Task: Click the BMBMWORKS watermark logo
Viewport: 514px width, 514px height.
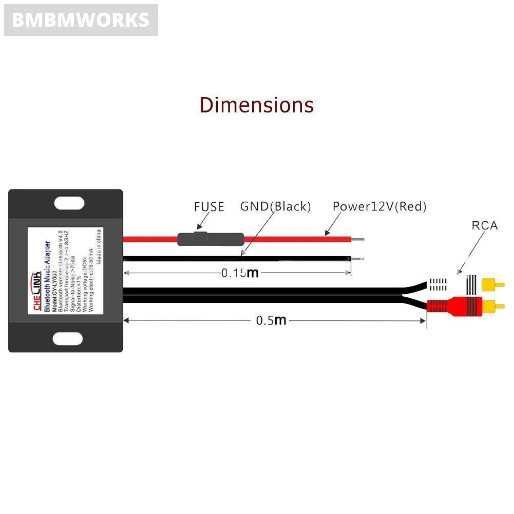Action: pos(80,20)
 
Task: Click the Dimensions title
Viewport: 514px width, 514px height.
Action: pos(257,105)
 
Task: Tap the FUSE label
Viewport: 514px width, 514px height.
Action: pos(209,207)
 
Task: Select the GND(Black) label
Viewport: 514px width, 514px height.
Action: pos(275,206)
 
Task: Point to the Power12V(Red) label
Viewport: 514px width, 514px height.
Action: pos(379,206)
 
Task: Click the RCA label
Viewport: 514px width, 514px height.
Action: pos(484,225)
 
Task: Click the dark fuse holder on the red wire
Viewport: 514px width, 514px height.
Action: pos(210,239)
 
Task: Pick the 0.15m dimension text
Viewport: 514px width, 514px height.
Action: pos(240,273)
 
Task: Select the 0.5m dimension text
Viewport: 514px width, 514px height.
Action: pos(271,320)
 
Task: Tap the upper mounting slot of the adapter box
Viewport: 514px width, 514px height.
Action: pos(69,203)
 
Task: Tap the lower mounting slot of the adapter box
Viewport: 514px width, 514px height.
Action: pos(68,339)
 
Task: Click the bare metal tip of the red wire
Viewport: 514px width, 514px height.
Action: pos(358,239)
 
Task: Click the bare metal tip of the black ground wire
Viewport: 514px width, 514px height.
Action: pos(357,259)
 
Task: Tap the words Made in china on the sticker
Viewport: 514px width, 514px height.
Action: pos(98,246)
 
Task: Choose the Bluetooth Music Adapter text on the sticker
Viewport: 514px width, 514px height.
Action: pos(47,276)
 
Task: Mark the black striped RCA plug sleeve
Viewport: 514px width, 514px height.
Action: pos(471,284)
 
